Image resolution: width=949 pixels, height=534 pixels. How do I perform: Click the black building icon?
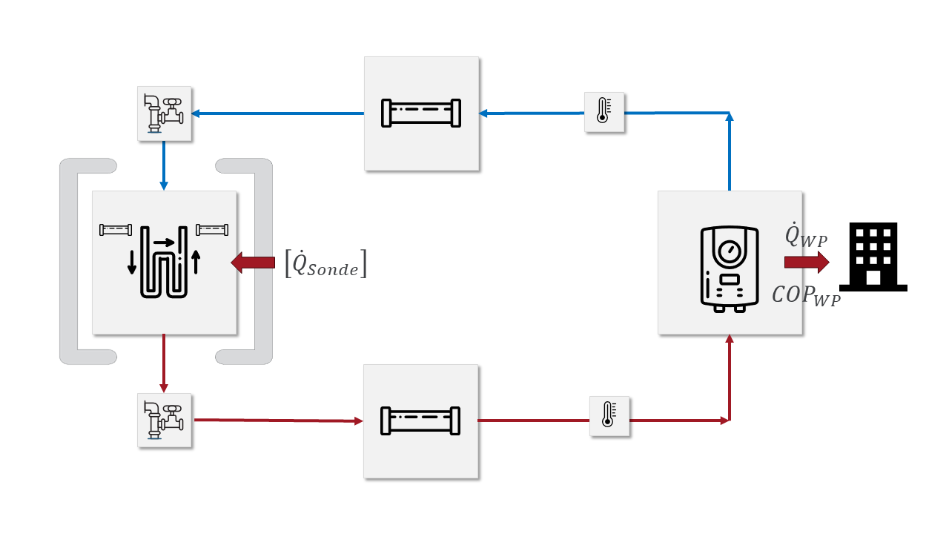(873, 257)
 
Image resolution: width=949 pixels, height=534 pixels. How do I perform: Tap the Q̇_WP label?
(806, 236)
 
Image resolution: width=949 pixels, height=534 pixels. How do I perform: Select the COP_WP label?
(806, 294)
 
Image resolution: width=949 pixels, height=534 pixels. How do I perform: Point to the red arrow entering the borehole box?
(253, 263)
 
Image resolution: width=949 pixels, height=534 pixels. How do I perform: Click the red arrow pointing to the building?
(807, 262)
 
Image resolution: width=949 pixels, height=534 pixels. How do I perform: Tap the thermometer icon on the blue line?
(604, 113)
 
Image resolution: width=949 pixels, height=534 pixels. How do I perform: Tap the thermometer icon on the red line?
(609, 416)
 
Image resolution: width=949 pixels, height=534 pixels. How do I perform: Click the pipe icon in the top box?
(420, 113)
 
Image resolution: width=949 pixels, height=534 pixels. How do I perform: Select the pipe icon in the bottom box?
(420, 421)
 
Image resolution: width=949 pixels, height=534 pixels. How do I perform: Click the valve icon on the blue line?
(165, 113)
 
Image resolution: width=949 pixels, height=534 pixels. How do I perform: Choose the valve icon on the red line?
(165, 421)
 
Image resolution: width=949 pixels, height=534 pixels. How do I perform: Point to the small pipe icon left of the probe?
(116, 229)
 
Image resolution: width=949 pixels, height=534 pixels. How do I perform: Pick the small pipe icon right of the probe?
(211, 229)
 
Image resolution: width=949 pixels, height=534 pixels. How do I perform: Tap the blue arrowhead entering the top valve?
(196, 113)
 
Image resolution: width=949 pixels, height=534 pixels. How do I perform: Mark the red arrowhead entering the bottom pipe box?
(359, 421)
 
